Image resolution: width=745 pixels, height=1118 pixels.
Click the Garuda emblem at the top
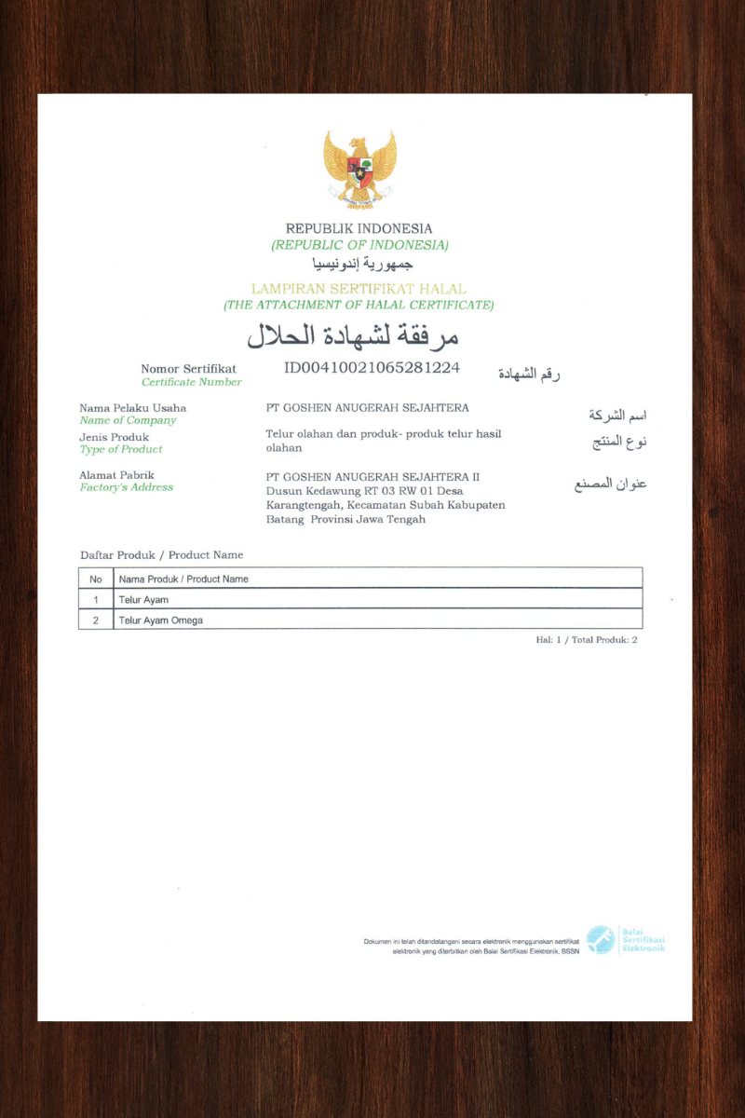click(x=359, y=169)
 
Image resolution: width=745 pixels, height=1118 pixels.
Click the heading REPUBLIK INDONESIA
click(x=359, y=228)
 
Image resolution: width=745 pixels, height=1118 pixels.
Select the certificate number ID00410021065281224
click(x=372, y=367)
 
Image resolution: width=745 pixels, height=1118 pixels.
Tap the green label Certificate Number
click(x=191, y=382)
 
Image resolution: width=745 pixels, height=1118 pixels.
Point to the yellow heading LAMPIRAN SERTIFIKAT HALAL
click(x=359, y=289)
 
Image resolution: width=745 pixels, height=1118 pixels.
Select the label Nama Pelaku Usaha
click(x=132, y=408)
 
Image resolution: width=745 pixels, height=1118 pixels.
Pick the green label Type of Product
click(x=121, y=449)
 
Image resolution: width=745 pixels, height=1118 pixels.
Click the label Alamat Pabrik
click(x=117, y=475)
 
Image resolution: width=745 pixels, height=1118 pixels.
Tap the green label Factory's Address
click(x=127, y=487)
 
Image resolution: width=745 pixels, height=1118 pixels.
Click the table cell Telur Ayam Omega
click(x=160, y=620)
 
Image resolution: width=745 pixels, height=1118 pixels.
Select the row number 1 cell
click(x=95, y=599)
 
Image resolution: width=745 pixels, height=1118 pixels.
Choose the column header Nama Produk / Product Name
click(x=183, y=579)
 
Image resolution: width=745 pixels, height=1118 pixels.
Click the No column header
click(x=95, y=579)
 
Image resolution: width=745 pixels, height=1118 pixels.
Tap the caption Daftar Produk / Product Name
click(x=161, y=555)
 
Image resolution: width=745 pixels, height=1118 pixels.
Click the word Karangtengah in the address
click(x=301, y=504)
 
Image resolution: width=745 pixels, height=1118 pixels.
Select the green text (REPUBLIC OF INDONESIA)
click(x=359, y=245)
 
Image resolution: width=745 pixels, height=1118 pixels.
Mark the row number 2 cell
click(x=95, y=620)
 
